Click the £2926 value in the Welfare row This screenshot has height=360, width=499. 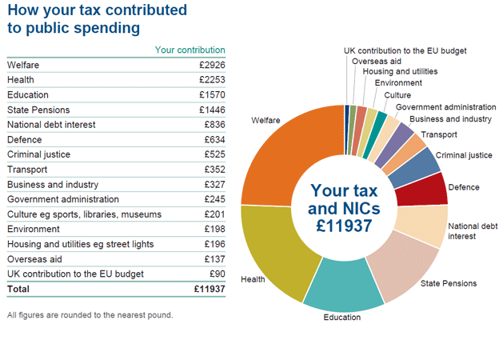click(212, 65)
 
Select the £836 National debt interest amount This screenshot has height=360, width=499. click(214, 125)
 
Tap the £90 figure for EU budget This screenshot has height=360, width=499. click(217, 274)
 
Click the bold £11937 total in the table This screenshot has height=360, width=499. click(210, 289)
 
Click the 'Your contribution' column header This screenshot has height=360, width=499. click(190, 50)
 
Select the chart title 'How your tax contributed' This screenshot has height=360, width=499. click(97, 11)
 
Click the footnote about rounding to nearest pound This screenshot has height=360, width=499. click(90, 314)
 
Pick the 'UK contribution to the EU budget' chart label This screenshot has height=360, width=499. click(405, 50)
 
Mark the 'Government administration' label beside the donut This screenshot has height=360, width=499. click(445, 107)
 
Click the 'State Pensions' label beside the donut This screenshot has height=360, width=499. click(448, 283)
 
